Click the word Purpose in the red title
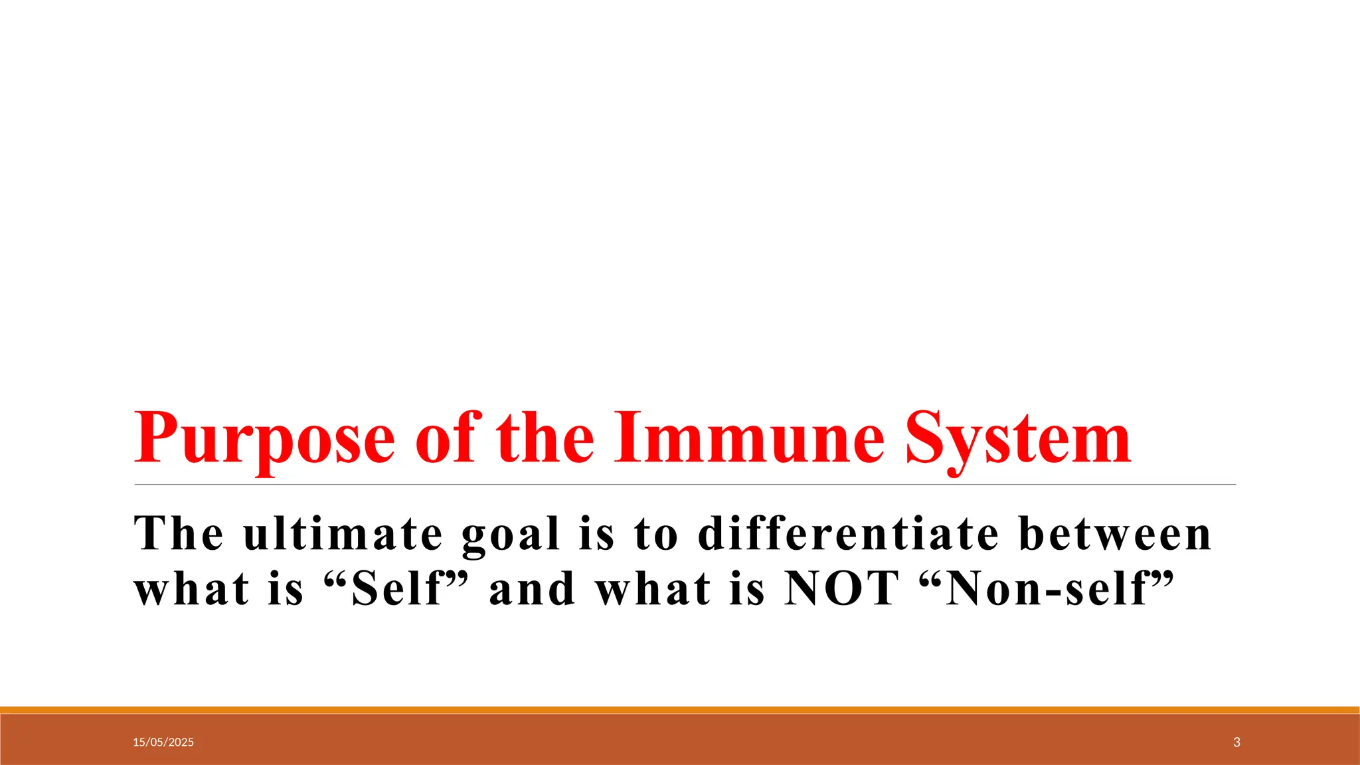(x=264, y=440)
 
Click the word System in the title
(x=1018, y=440)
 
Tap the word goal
(x=511, y=535)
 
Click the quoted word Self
(x=396, y=588)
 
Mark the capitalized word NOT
(x=841, y=588)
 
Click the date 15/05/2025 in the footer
(x=163, y=742)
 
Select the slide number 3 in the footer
(x=1236, y=742)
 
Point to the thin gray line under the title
(x=684, y=485)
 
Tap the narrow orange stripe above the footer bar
(x=680, y=710)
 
